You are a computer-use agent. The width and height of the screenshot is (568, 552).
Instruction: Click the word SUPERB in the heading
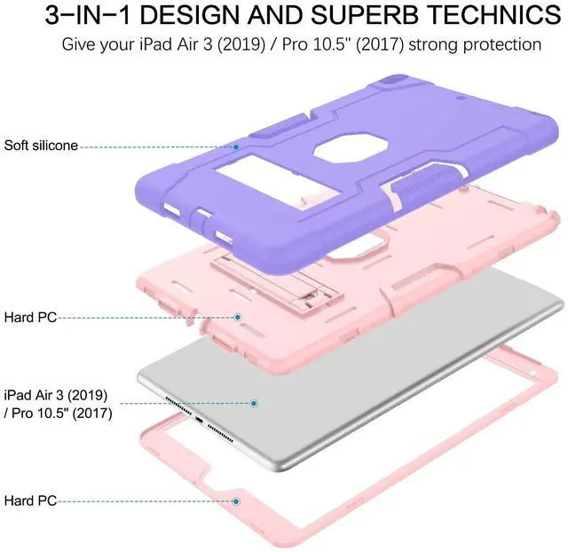(364, 15)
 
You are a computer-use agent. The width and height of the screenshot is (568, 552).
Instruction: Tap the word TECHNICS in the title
(493, 15)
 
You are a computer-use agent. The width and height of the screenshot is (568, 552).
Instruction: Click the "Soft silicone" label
(41, 146)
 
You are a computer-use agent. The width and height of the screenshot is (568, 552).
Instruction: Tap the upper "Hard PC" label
(30, 318)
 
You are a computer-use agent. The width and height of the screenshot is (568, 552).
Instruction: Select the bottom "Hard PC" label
(30, 501)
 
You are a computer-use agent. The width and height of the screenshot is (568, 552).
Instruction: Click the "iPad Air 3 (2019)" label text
(56, 395)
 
